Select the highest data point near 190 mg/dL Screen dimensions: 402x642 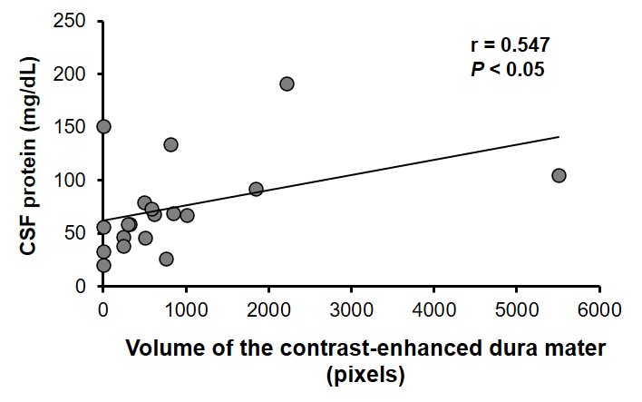(x=287, y=83)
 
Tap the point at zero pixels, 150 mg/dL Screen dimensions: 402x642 (x=103, y=126)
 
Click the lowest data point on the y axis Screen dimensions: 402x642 (x=103, y=265)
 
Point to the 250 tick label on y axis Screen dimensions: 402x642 (x=78, y=21)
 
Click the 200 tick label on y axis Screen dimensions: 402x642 (x=78, y=74)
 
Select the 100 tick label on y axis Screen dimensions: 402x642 (x=78, y=181)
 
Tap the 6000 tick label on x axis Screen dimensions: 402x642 (x=599, y=309)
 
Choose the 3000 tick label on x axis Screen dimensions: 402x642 (x=351, y=309)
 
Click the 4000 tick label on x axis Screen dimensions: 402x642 (x=433, y=309)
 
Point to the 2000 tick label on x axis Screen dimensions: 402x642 (x=268, y=309)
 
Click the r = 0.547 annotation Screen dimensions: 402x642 (x=510, y=44)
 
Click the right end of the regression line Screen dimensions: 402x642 (x=559, y=137)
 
